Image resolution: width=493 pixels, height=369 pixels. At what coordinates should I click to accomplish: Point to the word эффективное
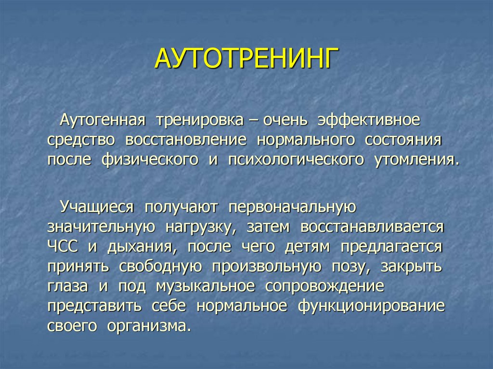click(x=368, y=120)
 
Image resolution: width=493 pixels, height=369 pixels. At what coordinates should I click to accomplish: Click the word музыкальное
click(x=205, y=286)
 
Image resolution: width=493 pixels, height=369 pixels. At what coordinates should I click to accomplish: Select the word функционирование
click(x=371, y=306)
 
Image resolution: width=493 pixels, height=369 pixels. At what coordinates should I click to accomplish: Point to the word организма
click(x=148, y=326)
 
